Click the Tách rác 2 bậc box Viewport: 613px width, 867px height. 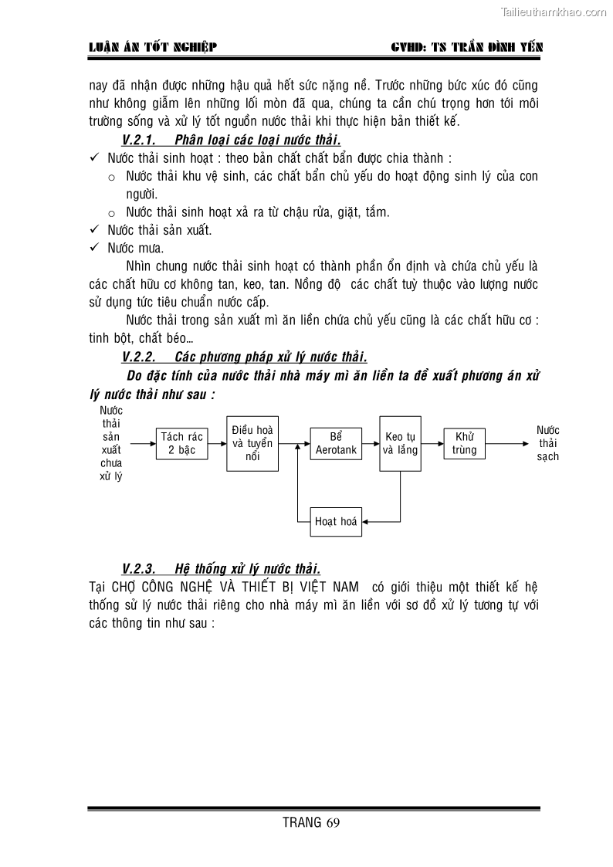coord(181,444)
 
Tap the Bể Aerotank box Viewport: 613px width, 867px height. coord(336,443)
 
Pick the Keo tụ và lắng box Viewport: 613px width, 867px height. coord(400,443)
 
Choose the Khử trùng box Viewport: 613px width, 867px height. coord(464,443)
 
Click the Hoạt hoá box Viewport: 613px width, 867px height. coord(336,522)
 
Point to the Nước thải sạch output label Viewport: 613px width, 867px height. coord(548,443)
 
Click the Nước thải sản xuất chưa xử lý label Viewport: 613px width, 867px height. coord(111,443)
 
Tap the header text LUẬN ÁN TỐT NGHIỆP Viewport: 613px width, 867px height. coord(153,47)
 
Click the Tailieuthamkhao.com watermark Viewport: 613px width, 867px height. coord(554,12)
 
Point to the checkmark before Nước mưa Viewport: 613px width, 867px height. coord(94,248)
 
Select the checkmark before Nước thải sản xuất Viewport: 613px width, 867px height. coord(94,229)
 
